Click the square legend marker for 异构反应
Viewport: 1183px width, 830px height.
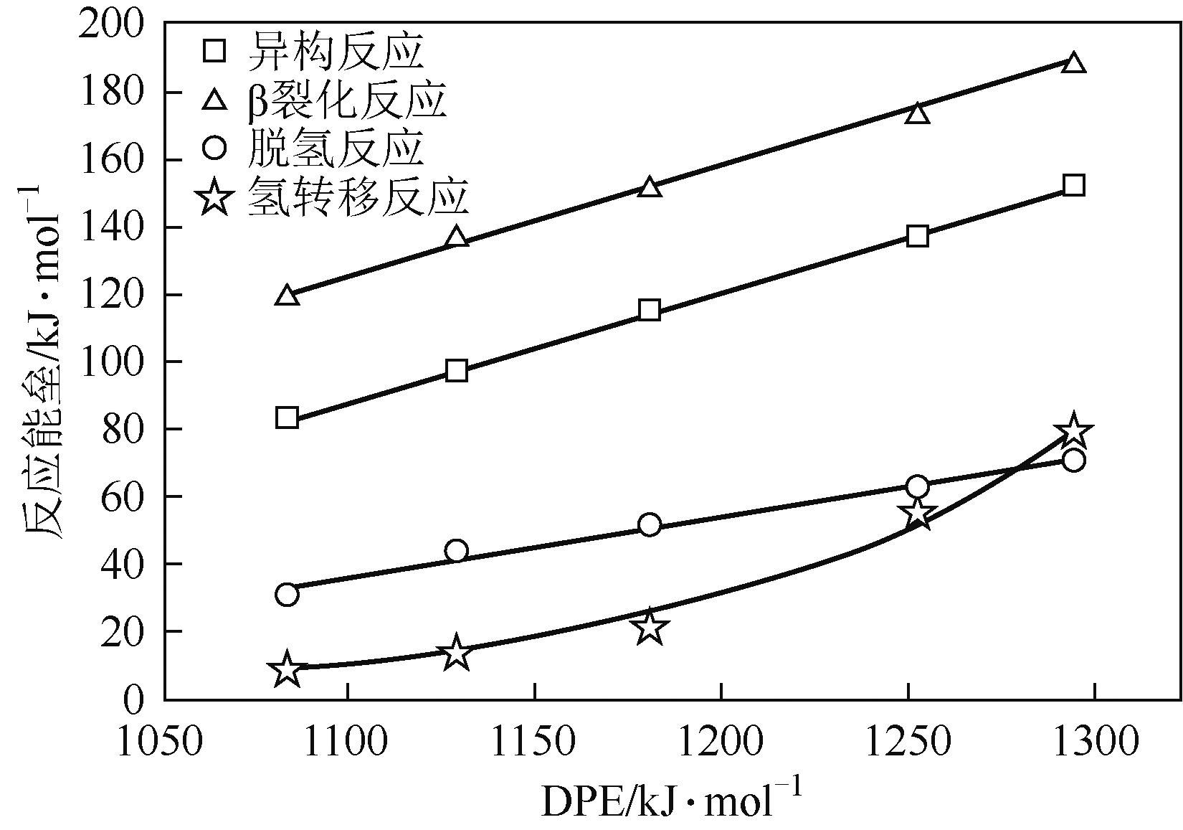[214, 51]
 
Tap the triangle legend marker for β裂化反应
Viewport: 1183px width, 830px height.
[214, 100]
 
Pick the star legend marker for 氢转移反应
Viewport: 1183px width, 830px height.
[214, 197]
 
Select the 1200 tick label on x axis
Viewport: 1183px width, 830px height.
[721, 743]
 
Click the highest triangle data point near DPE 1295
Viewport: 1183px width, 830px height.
[1073, 62]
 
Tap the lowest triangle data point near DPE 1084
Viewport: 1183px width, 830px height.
[287, 295]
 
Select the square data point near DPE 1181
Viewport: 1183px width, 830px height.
[650, 310]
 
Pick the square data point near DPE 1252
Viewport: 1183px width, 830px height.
[918, 236]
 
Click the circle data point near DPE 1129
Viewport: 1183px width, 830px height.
[456, 551]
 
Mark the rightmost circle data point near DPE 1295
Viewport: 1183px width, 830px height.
[1073, 460]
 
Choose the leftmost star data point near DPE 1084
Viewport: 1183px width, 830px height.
[287, 669]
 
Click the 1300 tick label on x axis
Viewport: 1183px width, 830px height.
[1094, 743]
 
